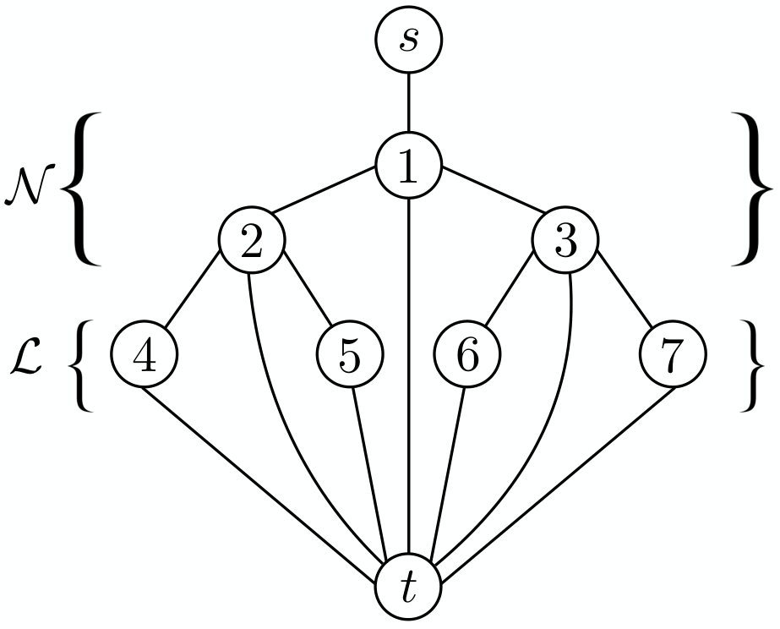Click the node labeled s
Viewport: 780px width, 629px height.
click(x=408, y=40)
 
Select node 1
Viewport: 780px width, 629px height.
click(x=408, y=165)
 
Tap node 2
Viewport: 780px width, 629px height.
click(x=252, y=239)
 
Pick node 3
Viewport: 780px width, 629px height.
click(x=565, y=239)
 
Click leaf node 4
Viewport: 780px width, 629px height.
click(x=144, y=353)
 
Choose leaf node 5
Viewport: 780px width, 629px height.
click(x=350, y=353)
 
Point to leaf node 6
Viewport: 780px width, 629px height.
click(x=467, y=353)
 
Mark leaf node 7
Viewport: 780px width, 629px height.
click(x=673, y=353)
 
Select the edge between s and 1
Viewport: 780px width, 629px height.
click(x=408, y=102)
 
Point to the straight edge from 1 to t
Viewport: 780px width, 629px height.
click(x=408, y=375)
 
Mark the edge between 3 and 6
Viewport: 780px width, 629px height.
click(x=510, y=290)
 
